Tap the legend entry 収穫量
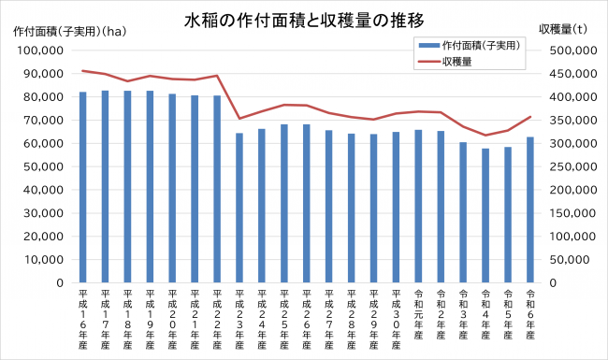tap(457, 62)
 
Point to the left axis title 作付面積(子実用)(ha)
tap(70, 31)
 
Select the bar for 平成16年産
tap(83, 187)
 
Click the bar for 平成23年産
tap(239, 208)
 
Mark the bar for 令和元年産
tap(418, 206)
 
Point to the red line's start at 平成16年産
tap(83, 71)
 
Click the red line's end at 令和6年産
tap(530, 117)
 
